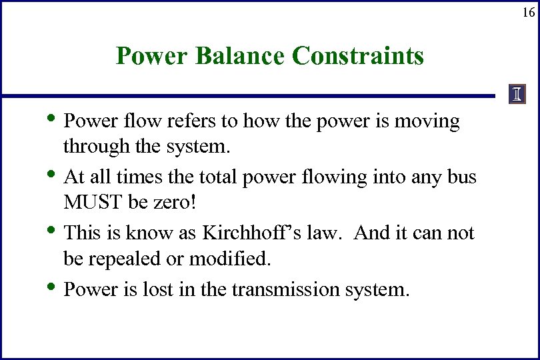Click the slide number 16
[527, 12]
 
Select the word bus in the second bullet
[462, 177]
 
